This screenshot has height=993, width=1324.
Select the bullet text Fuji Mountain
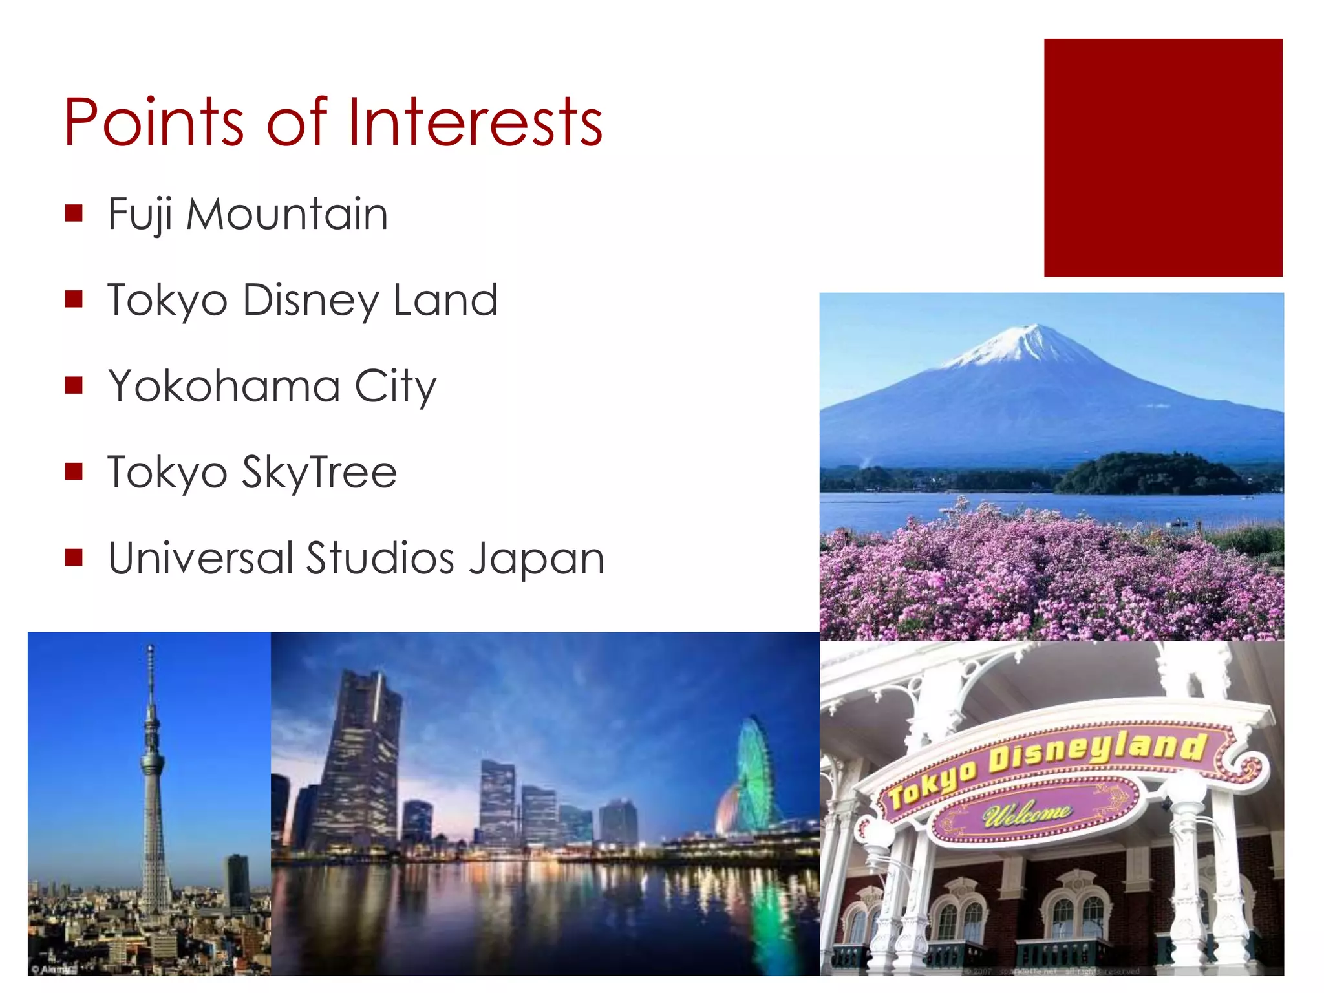[x=248, y=214]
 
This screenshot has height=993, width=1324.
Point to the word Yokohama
[x=224, y=386]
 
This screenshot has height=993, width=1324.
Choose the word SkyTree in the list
[x=319, y=472]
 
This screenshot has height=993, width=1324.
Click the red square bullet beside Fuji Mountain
[x=74, y=213]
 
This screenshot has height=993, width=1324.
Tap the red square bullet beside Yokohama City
[x=74, y=385]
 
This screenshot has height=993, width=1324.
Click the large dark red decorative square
[x=1162, y=158]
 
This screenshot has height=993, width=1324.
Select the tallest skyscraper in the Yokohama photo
[x=359, y=763]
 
